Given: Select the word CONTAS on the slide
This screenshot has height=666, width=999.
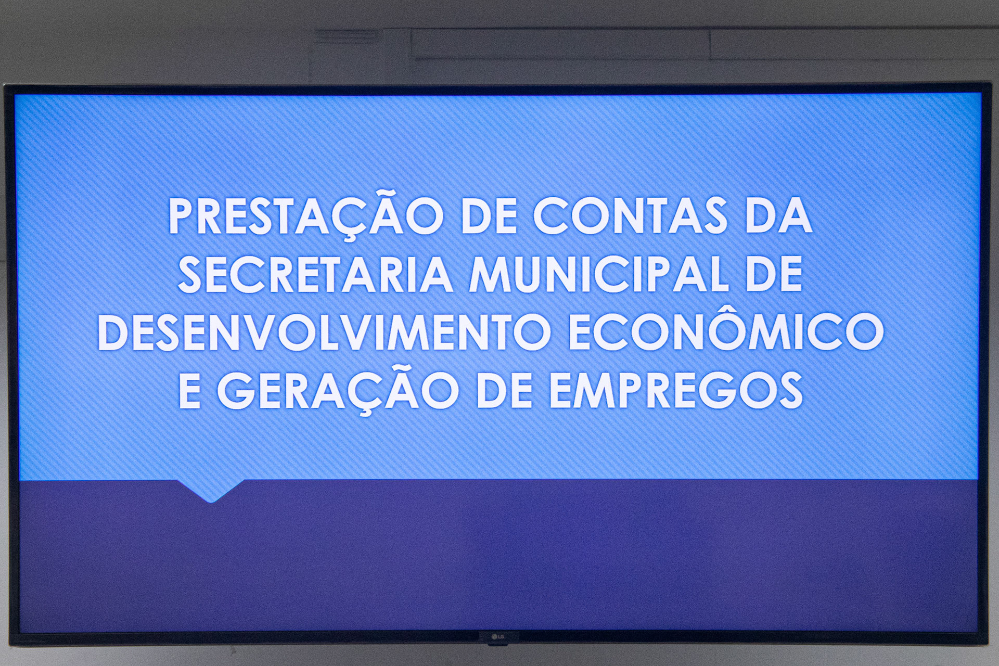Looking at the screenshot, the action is click(x=630, y=216).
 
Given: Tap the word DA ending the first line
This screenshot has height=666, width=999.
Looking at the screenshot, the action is click(x=778, y=216).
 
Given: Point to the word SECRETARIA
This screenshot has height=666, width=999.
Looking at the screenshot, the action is click(x=315, y=274).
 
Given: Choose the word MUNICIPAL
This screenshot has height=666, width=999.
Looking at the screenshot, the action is click(x=599, y=274).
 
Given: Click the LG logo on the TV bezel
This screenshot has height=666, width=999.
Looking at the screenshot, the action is click(x=498, y=636).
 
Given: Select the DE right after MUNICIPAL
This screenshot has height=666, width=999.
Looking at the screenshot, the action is click(x=774, y=274).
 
